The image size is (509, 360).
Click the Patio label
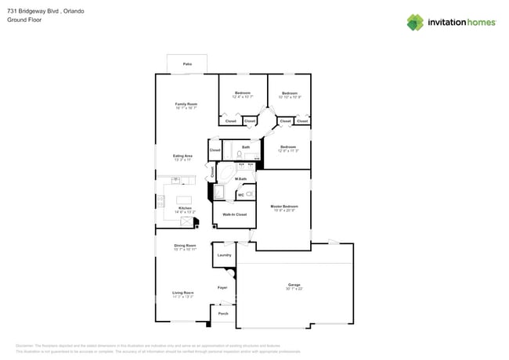pyautogui.click(x=187, y=63)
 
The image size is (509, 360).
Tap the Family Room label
pyautogui.click(x=186, y=103)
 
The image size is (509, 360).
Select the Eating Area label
pyautogui.click(x=183, y=155)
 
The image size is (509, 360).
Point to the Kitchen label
pyautogui.click(x=185, y=207)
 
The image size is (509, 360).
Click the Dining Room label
pyautogui.click(x=185, y=246)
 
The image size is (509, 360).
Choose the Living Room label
pyautogui.click(x=183, y=293)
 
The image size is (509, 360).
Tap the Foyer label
pyautogui.click(x=222, y=288)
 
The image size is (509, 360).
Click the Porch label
pyautogui.click(x=223, y=313)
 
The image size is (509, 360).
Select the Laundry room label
pyautogui.click(x=224, y=255)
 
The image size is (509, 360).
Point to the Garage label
pyautogui.click(x=294, y=284)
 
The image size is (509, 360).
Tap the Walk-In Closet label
pyautogui.click(x=235, y=214)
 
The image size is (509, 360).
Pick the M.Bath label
pyautogui.click(x=241, y=179)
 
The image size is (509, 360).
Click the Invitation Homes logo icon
pyautogui.click(x=415, y=22)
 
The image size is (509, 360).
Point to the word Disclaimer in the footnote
pyautogui.click(x=25, y=345)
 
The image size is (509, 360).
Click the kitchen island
pyautogui.click(x=185, y=199)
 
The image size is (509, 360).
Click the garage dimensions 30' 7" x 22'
pyautogui.click(x=294, y=289)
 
